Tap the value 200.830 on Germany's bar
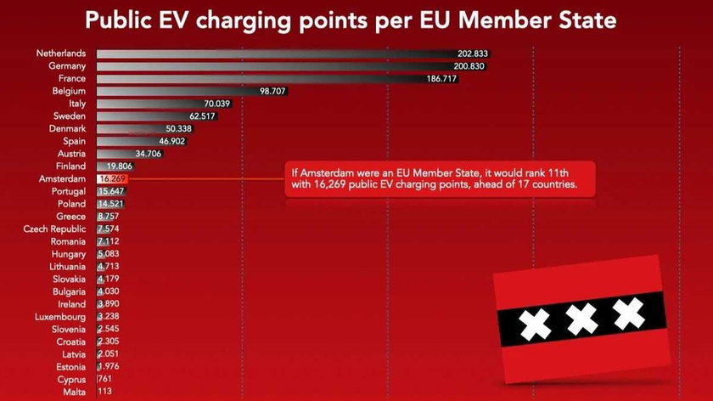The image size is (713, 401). click(x=469, y=66)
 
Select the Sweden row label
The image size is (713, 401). click(x=69, y=116)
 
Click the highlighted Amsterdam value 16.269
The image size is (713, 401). click(x=113, y=179)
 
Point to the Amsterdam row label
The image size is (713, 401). click(x=62, y=179)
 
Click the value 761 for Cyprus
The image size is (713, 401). click(x=105, y=380)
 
